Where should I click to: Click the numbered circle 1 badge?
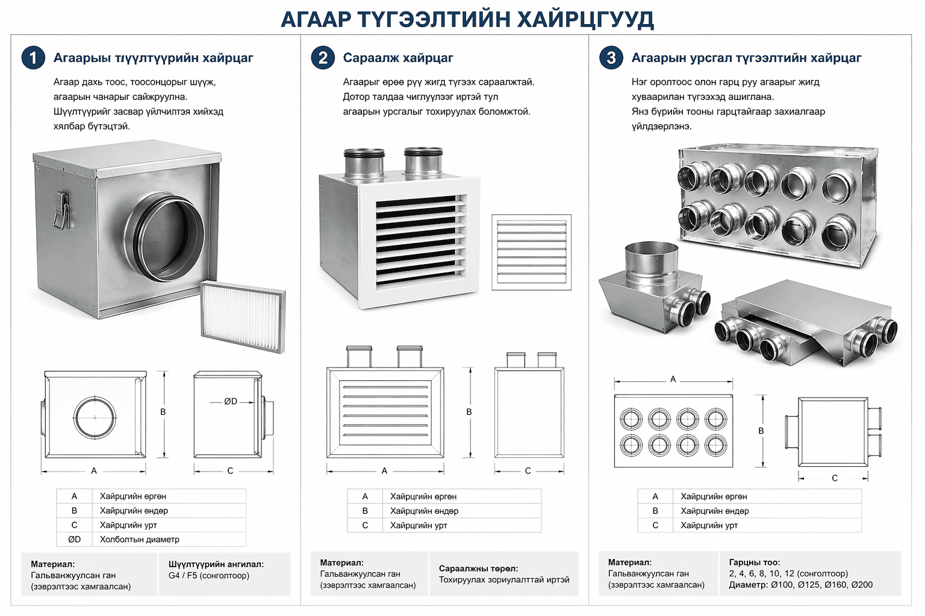coord(33,58)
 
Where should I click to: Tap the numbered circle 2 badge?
coord(323,58)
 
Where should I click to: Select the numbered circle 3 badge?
coord(611,58)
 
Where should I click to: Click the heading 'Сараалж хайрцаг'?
coord(398,58)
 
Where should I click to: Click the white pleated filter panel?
coord(243,317)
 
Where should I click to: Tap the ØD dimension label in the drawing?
coord(231,401)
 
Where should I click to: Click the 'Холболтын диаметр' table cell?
coord(140,539)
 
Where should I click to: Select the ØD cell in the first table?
coord(74,539)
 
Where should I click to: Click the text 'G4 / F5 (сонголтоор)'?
coord(209,576)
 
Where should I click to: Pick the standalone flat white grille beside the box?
coord(532,252)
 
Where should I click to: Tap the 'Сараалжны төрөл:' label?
coord(478,568)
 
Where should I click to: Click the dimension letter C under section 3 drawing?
coord(835,478)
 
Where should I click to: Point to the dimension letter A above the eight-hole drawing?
coord(673,379)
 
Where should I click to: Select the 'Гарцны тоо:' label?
coord(755,562)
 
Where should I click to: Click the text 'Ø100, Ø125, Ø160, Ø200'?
coord(822,585)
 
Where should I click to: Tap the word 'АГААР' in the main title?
coord(316,19)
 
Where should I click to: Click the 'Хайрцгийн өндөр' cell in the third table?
coord(715,511)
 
